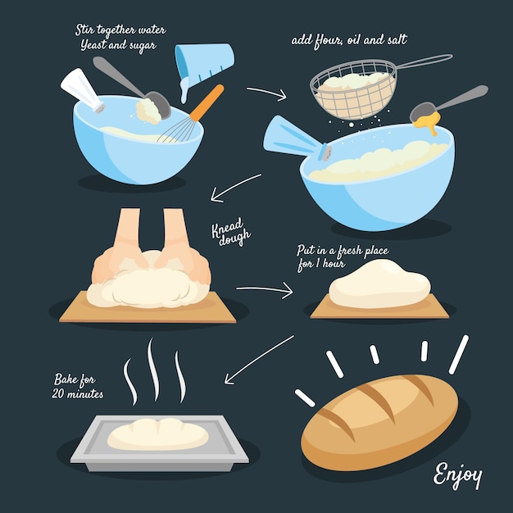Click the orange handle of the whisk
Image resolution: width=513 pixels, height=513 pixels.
click(x=207, y=102)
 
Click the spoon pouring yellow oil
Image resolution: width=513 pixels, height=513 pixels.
click(x=448, y=104)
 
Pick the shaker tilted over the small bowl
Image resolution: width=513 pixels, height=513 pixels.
click(x=83, y=90)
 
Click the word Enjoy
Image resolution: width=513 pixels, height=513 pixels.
click(x=457, y=474)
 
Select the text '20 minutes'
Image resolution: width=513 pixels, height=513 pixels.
click(x=78, y=393)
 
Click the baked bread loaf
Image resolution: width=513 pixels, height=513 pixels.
click(x=379, y=422)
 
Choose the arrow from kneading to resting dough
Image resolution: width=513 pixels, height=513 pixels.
click(x=265, y=289)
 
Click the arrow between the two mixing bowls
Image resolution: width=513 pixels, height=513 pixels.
click(x=267, y=93)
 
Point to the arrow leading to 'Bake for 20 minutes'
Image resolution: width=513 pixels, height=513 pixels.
click(x=259, y=359)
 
